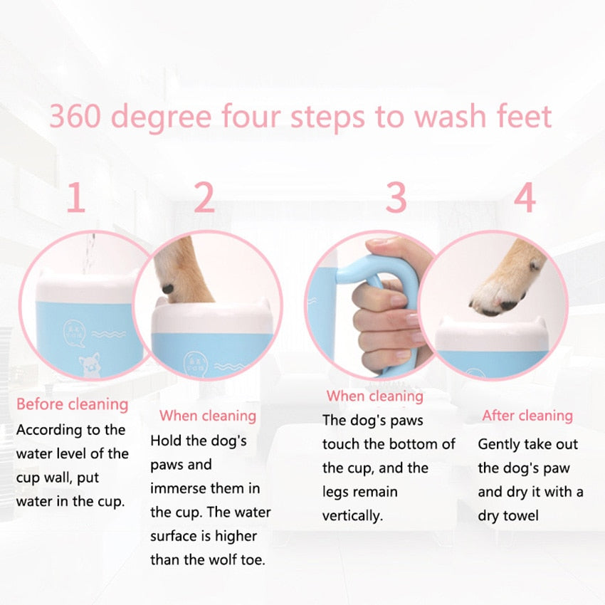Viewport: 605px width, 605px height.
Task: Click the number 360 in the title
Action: pyautogui.click(x=75, y=116)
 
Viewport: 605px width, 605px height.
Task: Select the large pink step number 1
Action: pyautogui.click(x=75, y=199)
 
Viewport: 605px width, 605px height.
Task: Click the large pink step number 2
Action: pyautogui.click(x=204, y=199)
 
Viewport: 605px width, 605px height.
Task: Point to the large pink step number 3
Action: pyautogui.click(x=396, y=199)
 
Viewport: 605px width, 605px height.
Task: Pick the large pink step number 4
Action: pyautogui.click(x=525, y=199)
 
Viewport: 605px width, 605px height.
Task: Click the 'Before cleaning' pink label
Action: pyautogui.click(x=72, y=404)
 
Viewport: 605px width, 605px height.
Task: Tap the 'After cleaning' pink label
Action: pyautogui.click(x=527, y=416)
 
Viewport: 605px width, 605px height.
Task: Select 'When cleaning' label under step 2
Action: pyautogui.click(x=207, y=416)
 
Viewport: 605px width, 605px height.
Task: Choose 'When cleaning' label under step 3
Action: pyautogui.click(x=374, y=396)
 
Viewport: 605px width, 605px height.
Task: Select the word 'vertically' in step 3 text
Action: pyautogui.click(x=352, y=515)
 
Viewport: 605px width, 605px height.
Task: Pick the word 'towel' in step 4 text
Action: pyautogui.click(x=521, y=515)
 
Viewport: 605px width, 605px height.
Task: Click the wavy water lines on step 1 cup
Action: pyautogui.click(x=107, y=332)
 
